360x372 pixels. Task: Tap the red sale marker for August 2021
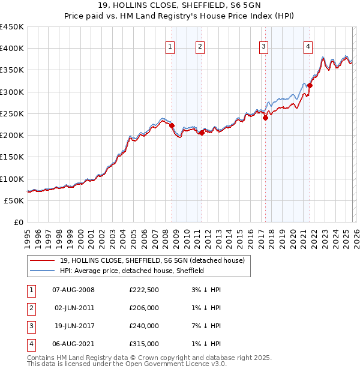click(x=310, y=86)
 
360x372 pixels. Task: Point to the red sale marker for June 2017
click(x=265, y=118)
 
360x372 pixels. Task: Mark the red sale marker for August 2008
click(x=172, y=125)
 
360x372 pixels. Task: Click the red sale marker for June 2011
click(x=202, y=133)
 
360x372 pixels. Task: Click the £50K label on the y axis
click(x=14, y=200)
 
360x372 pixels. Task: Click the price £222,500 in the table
click(x=144, y=290)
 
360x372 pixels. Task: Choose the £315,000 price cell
click(x=144, y=344)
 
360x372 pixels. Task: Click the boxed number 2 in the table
click(x=30, y=308)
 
